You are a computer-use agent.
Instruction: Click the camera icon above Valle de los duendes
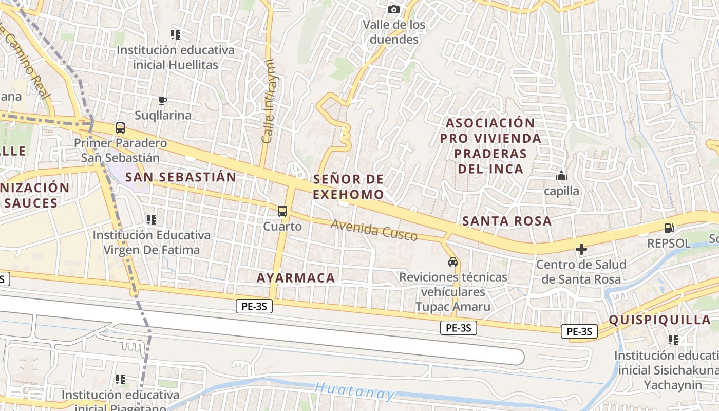[394, 9]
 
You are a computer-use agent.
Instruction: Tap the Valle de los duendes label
[394, 32]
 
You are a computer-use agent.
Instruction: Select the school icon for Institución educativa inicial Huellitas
[176, 35]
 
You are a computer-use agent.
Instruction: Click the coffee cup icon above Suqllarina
[163, 100]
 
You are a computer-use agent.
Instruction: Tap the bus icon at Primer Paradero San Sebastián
[120, 128]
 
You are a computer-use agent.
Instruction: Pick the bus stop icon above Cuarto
[282, 211]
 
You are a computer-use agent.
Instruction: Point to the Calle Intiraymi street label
[269, 101]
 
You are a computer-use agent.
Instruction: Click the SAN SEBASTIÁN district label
[181, 177]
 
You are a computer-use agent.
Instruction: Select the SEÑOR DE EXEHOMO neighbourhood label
[348, 186]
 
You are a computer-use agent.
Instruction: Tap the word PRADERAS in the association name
[490, 153]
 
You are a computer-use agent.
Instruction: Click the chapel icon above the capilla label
[561, 176]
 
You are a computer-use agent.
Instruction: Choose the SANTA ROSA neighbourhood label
[507, 221]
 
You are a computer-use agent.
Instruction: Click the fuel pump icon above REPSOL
[669, 228]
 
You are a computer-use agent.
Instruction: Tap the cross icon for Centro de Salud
[581, 250]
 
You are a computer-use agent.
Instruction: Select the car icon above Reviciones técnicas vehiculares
[453, 262]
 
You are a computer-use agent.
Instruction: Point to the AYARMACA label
[296, 278]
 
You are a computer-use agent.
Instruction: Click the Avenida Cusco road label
[374, 230]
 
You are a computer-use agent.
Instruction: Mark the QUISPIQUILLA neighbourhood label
[660, 320]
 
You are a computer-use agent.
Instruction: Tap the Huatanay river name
[355, 391]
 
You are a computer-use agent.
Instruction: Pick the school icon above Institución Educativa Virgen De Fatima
[152, 220]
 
